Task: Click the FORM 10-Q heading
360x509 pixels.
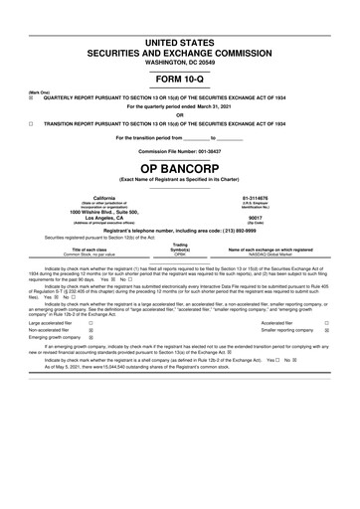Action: (x=179, y=79)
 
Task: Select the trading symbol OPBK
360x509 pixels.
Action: (x=180, y=254)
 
